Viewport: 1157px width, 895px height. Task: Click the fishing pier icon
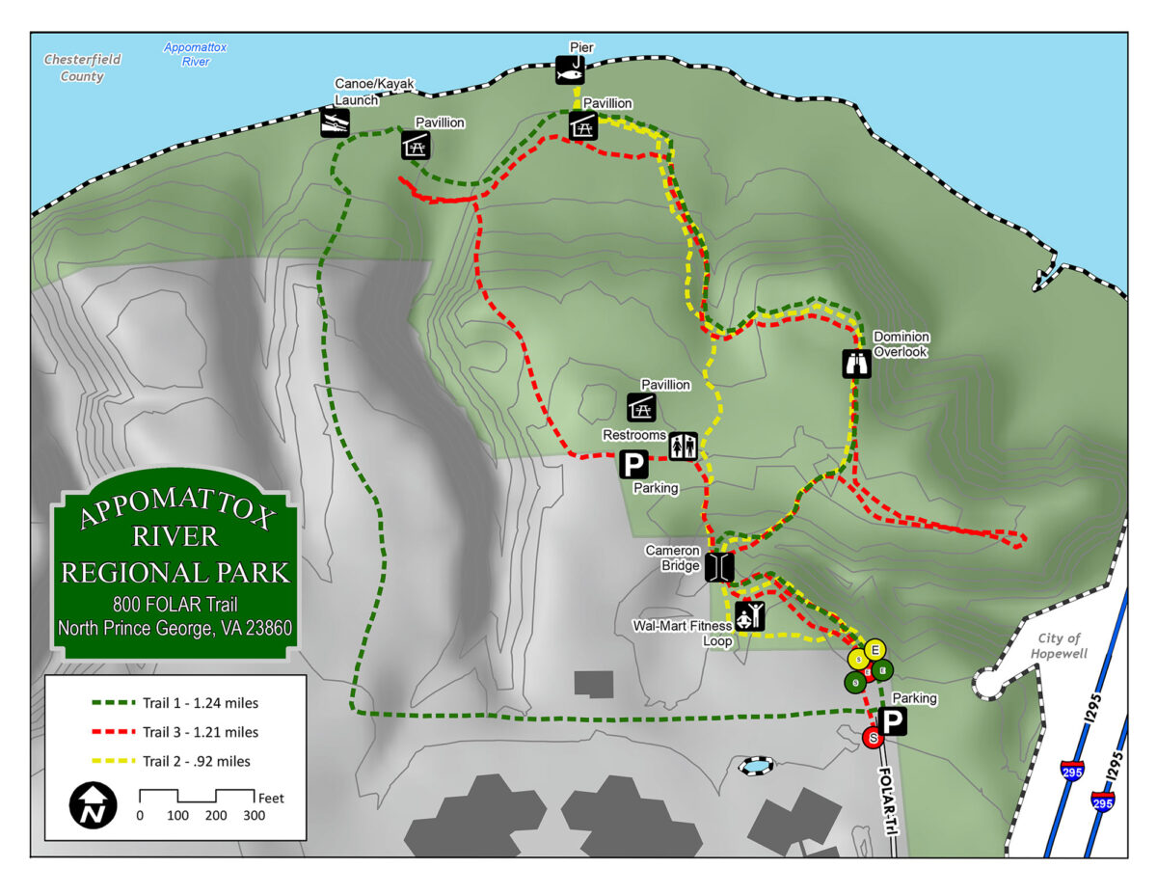pyautogui.click(x=570, y=70)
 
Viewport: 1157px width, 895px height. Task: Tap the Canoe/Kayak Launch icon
pyautogui.click(x=335, y=122)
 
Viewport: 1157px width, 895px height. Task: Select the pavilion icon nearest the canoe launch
pyautogui.click(x=415, y=145)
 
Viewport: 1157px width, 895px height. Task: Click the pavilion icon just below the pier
pyautogui.click(x=582, y=125)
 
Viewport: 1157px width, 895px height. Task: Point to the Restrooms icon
pyautogui.click(x=683, y=446)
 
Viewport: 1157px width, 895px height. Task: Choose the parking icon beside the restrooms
pyautogui.click(x=633, y=466)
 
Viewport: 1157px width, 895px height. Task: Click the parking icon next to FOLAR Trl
pyautogui.click(x=893, y=721)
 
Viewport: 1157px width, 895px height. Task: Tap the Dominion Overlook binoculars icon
pyautogui.click(x=856, y=363)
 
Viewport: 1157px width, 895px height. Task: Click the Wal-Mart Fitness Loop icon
pyautogui.click(x=749, y=615)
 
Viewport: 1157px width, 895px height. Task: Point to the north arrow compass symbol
pyautogui.click(x=94, y=803)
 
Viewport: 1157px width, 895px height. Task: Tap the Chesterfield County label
pyautogui.click(x=82, y=68)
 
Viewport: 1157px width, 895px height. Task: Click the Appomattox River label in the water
pyautogui.click(x=195, y=54)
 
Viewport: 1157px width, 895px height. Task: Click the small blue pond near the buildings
pyautogui.click(x=755, y=766)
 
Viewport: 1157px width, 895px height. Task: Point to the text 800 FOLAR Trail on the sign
pyautogui.click(x=175, y=606)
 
